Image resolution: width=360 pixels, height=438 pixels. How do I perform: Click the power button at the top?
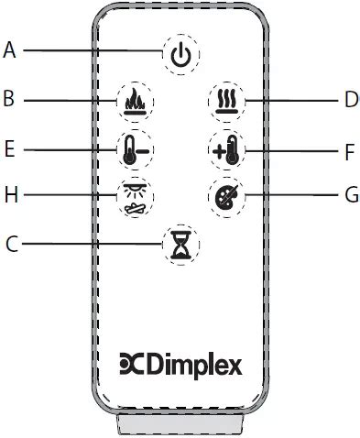coord(180,56)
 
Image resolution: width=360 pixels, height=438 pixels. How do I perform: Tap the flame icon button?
coord(134,98)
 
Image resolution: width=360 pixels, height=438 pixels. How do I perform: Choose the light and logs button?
coord(134,195)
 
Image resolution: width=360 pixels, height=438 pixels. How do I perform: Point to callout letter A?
coord(10,49)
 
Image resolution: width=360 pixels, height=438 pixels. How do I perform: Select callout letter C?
coord(10,244)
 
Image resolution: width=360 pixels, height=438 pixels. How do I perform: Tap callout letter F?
coord(350,151)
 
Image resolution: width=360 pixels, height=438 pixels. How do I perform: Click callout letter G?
coord(351,195)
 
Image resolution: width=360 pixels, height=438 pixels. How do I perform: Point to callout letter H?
coord(9,194)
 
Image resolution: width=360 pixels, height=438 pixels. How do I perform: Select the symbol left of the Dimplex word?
coord(132,365)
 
